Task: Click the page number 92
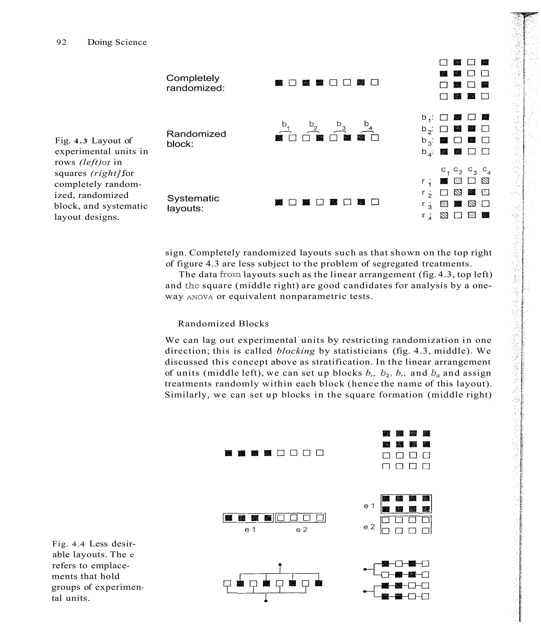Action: tap(62, 42)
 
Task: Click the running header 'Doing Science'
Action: tap(117, 42)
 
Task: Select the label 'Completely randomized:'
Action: tap(195, 83)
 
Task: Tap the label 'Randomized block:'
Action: tap(196, 139)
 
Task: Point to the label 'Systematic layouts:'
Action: tap(193, 203)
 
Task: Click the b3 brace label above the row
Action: tap(341, 125)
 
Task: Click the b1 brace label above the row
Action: tap(285, 125)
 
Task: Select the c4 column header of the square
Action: tap(486, 171)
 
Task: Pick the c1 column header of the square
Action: tap(445, 171)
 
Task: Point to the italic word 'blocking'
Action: tap(295, 351)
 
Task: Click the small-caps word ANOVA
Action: tap(200, 297)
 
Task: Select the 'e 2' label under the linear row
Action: tap(301, 530)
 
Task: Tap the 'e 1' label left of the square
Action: tap(369, 506)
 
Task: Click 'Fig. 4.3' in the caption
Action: tap(71, 141)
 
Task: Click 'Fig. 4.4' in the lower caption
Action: tap(69, 544)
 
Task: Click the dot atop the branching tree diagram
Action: tap(280, 565)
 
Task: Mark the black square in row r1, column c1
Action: tap(444, 181)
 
